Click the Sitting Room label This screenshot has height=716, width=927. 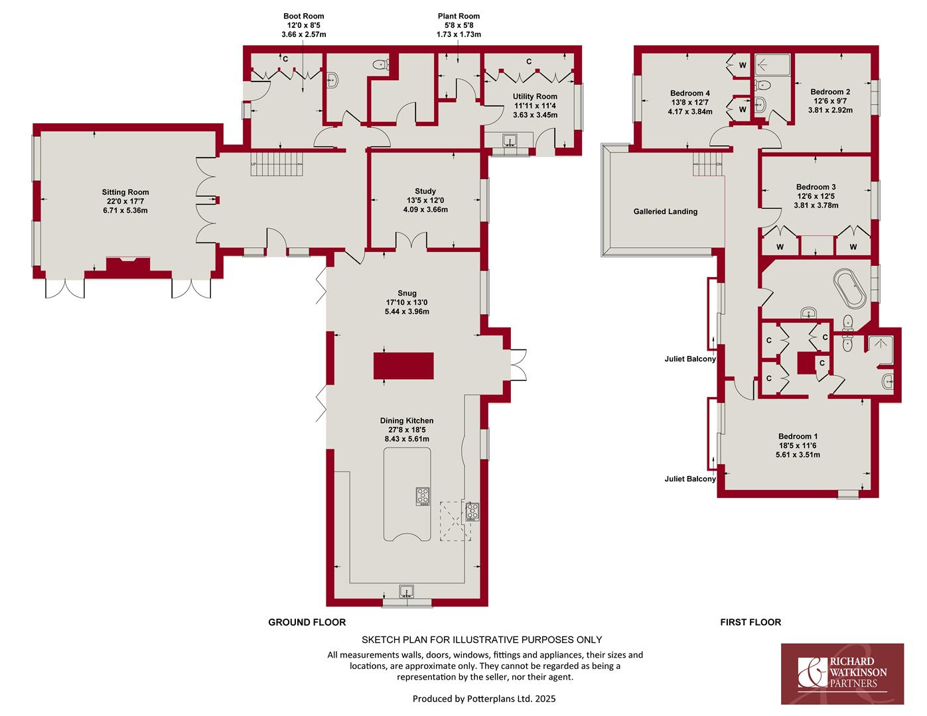click(125, 192)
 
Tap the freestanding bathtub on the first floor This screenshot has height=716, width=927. click(850, 288)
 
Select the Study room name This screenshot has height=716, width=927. click(425, 191)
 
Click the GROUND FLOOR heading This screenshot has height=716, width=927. click(307, 623)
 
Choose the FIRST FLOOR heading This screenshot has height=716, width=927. click(750, 623)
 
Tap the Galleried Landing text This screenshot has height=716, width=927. click(666, 211)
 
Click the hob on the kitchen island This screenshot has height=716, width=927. click(423, 497)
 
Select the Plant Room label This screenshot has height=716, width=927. click(459, 16)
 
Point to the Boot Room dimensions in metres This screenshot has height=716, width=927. click(304, 34)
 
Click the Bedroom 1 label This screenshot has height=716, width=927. click(798, 436)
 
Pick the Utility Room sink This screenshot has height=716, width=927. click(510, 141)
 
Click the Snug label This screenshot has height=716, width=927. click(407, 293)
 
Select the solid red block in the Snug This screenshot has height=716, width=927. click(403, 366)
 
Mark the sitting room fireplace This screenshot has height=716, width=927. click(128, 265)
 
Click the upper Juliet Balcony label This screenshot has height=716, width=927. click(690, 359)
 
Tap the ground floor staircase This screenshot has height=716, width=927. click(277, 164)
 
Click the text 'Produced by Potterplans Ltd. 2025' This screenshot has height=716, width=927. click(484, 699)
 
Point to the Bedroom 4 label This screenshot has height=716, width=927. click(690, 93)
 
